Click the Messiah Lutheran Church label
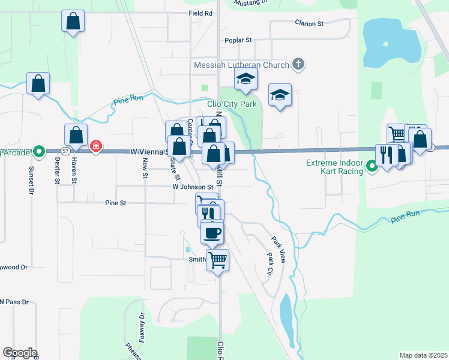[241, 64]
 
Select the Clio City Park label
[232, 104]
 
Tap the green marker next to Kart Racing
[372, 167]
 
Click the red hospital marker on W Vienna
[95, 146]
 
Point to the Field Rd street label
[200, 13]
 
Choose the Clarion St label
[309, 23]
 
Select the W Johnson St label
[193, 187]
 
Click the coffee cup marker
[211, 232]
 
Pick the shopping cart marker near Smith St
[218, 260]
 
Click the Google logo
[19, 353]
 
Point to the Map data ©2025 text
[423, 355]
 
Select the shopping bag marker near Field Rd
[73, 22]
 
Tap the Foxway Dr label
[142, 326]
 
